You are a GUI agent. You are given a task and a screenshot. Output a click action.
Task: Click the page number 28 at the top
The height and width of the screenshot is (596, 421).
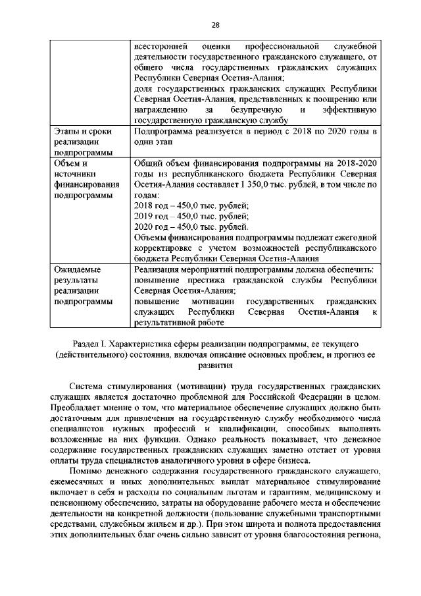(214, 25)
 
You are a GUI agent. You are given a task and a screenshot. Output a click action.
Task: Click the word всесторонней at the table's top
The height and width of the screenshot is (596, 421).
(159, 46)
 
